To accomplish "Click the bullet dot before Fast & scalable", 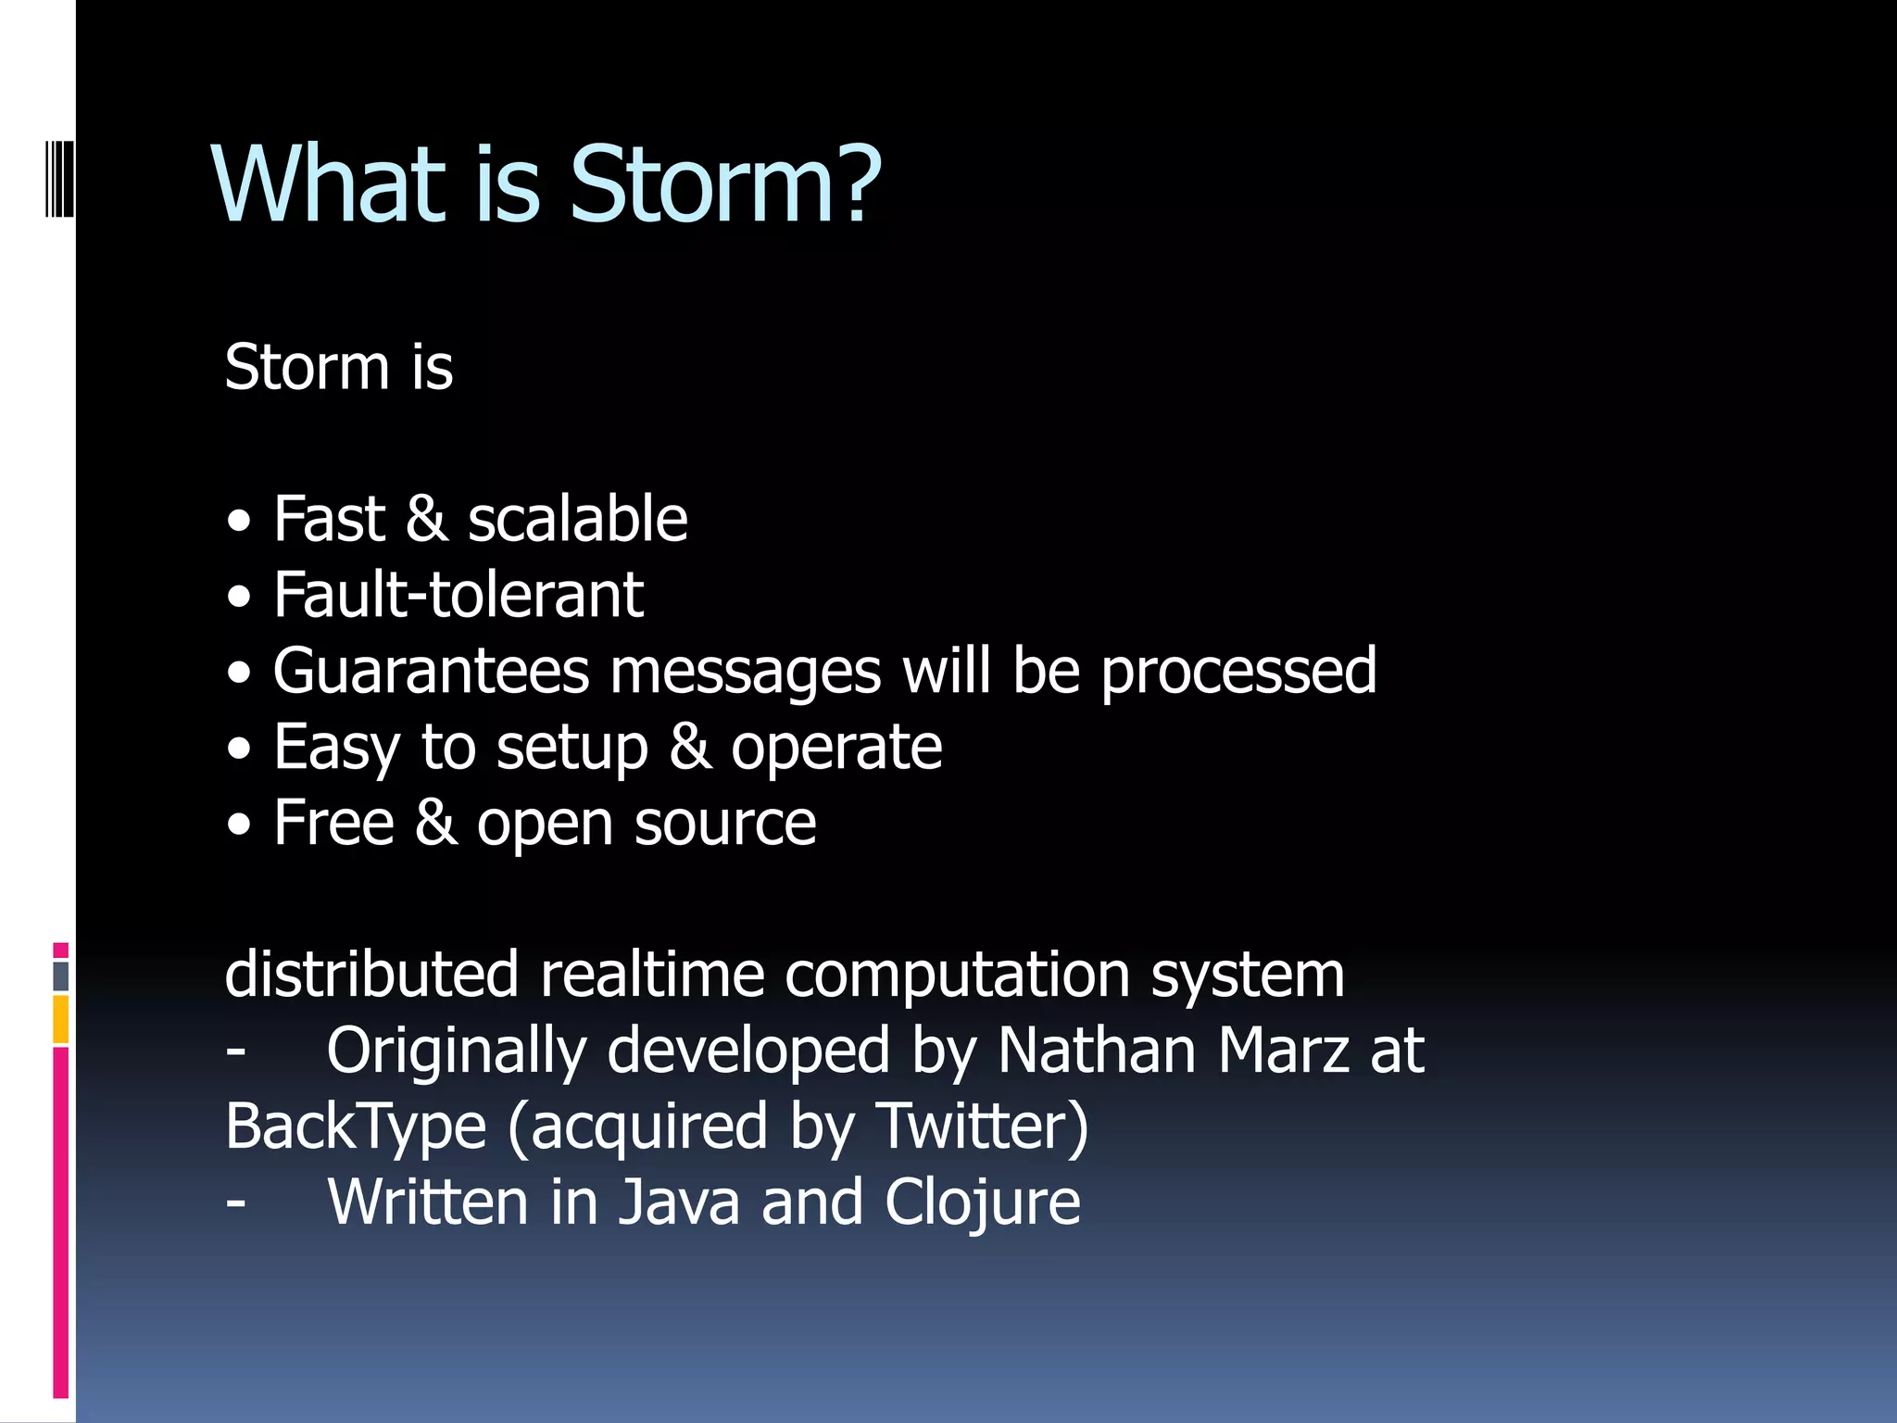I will pyautogui.click(x=239, y=522).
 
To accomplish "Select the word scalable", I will pyautogui.click(x=577, y=519).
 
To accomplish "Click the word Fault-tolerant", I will pyautogui.click(x=459, y=595).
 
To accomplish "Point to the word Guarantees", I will pyautogui.click(x=431, y=671).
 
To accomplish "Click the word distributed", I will pyautogui.click(x=371, y=975).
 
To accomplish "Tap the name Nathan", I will pyautogui.click(x=1097, y=1051).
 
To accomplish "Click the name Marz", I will pyautogui.click(x=1283, y=1051).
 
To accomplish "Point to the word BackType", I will pyautogui.click(x=356, y=1127).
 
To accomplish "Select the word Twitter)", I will pyautogui.click(x=982, y=1127).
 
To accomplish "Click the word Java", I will pyautogui.click(x=679, y=1203).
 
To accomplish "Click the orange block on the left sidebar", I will pyautogui.click(x=60, y=1019).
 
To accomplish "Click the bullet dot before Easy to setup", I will pyautogui.click(x=239, y=749).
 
